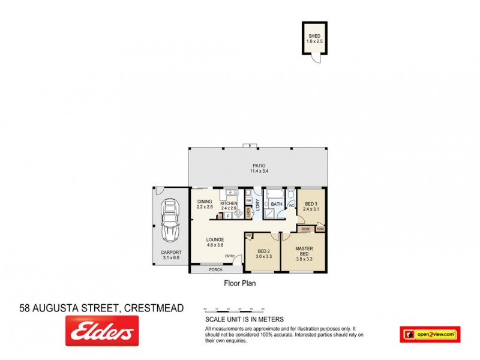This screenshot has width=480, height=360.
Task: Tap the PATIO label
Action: [x=258, y=166]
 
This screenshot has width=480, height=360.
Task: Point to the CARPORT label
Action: [x=171, y=253]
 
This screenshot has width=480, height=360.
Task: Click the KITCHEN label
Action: [x=229, y=204]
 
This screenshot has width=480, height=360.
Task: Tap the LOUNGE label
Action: [x=215, y=240]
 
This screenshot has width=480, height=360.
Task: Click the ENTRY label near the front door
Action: [x=230, y=257]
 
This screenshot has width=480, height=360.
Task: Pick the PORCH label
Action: [x=215, y=270]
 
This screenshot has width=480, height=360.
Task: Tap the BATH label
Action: [x=276, y=205]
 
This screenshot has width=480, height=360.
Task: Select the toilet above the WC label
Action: [x=291, y=195]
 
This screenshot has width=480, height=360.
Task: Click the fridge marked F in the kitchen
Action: [x=228, y=214]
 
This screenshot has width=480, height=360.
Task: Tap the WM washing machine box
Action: [x=248, y=200]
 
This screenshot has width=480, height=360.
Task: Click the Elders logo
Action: [x=101, y=331]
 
